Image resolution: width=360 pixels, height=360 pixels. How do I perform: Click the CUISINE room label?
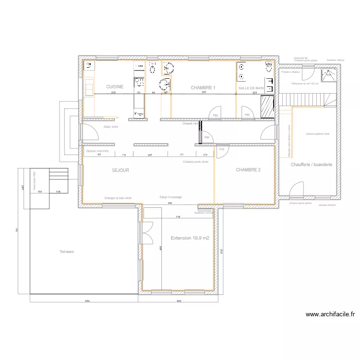pos(115,87)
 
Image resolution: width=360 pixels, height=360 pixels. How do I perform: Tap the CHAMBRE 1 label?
pos(203,88)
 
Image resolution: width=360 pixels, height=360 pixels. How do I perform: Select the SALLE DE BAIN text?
pos(251,88)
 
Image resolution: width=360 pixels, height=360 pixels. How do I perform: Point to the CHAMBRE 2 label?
pos(248,170)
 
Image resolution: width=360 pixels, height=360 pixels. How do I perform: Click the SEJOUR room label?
pos(120,170)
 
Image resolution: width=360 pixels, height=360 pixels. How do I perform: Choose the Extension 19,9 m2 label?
pos(190,238)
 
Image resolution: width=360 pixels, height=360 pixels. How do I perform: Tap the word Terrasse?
pos(66,252)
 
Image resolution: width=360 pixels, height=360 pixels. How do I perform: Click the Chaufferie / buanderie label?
pos(312,165)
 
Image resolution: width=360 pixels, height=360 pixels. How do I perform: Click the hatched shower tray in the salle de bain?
pos(266,106)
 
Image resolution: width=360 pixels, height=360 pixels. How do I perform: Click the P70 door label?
pos(222,149)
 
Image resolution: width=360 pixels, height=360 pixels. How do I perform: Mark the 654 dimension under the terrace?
pos(84,300)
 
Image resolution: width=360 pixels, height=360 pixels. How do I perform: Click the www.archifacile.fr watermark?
pos(330,315)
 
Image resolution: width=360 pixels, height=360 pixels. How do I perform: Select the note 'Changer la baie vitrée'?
pos(118,198)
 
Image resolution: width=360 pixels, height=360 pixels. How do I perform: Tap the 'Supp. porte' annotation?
pos(111,127)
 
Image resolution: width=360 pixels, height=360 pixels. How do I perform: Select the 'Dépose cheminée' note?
pos(97,151)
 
